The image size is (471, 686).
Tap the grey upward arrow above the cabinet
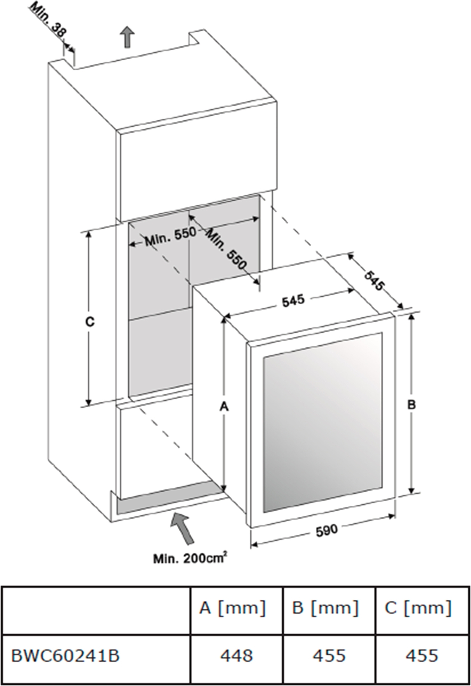[127, 37]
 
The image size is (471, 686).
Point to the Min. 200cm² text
[190, 558]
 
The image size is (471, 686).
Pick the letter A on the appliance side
[224, 407]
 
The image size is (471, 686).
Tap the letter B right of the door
[411, 404]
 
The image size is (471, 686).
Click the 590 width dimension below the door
[326, 531]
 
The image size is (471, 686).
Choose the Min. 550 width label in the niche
[170, 237]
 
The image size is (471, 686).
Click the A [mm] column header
[233, 608]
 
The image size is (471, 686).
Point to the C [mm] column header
[418, 608]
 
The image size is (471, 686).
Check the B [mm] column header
[325, 608]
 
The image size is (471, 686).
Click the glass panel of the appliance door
[323, 422]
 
